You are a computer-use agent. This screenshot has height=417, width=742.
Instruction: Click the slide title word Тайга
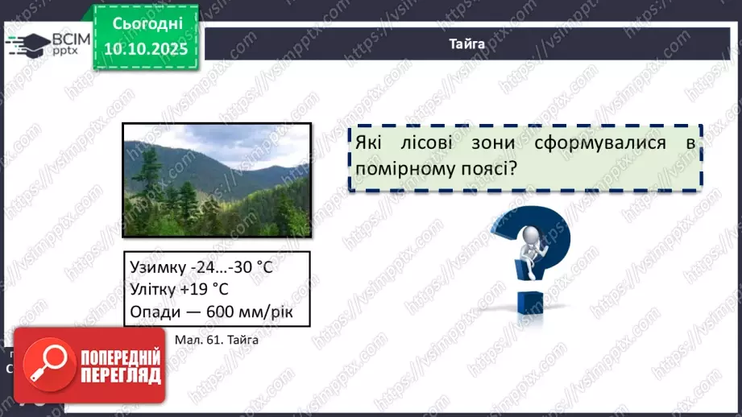466,44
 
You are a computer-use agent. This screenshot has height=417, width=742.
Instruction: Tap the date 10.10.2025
145,50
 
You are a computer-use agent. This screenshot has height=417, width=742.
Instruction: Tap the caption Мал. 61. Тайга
216,340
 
